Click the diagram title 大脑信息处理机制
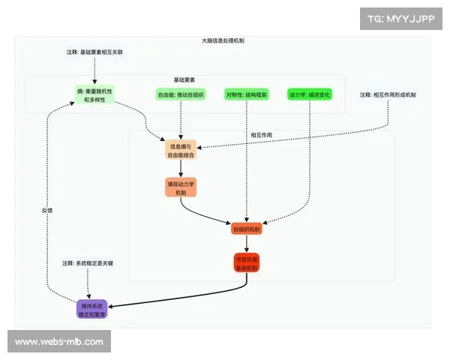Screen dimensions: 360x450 pyautogui.click(x=223, y=40)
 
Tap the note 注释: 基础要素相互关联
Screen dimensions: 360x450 pyautogui.click(x=94, y=52)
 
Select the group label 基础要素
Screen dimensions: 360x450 pyautogui.click(x=184, y=79)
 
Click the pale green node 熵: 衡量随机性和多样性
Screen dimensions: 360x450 pyautogui.click(x=94, y=95)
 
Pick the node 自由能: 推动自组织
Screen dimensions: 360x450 pyautogui.click(x=180, y=95)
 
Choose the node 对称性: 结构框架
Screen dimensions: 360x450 pyautogui.click(x=246, y=95)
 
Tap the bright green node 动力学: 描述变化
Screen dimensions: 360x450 pyautogui.click(x=309, y=95)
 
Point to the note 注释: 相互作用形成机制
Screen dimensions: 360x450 pyautogui.click(x=388, y=94)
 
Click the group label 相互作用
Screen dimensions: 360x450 pyautogui.click(x=261, y=135)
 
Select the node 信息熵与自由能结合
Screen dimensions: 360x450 pyautogui.click(x=180, y=150)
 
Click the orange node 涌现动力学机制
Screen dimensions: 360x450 pyautogui.click(x=180, y=187)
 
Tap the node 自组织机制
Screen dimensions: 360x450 pyautogui.click(x=246, y=229)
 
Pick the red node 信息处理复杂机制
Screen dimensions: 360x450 pyautogui.click(x=246, y=263)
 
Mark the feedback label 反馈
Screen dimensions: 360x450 pyautogui.click(x=47, y=211)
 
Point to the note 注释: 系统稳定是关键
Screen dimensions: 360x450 pyautogui.click(x=88, y=263)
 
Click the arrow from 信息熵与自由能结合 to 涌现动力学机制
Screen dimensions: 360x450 pyautogui.click(x=180, y=169)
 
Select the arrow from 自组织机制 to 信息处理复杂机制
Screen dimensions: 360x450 pyautogui.click(x=246, y=244)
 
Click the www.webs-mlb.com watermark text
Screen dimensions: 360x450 pyautogui.click(x=59, y=342)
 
